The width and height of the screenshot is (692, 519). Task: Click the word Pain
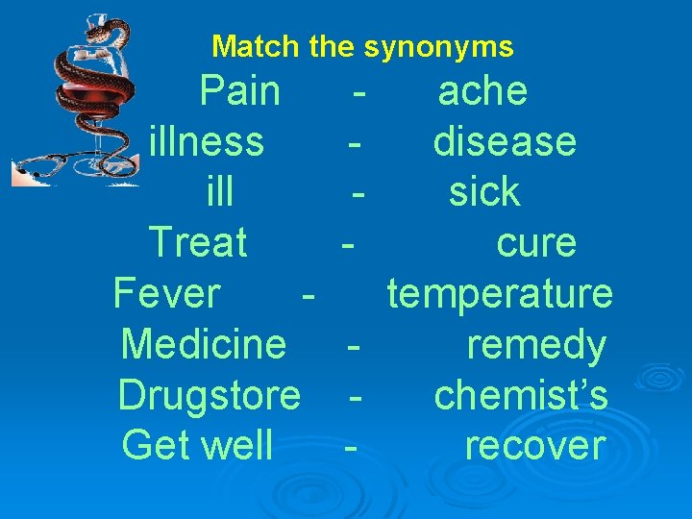240,92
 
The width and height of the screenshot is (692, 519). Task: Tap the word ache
482,92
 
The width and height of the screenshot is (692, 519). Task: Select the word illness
207,142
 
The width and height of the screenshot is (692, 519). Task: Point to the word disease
505,142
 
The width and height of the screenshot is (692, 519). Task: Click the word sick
484,192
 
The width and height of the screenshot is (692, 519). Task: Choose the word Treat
198,242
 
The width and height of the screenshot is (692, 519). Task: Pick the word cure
536,242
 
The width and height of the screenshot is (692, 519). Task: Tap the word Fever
167,293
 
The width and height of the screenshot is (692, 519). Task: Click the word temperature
500,293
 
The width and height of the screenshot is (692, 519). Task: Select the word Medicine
204,343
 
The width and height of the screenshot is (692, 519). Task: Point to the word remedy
536,345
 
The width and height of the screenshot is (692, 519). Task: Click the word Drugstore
210,394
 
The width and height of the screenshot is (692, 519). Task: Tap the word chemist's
521,394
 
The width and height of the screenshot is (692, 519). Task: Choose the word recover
535,445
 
